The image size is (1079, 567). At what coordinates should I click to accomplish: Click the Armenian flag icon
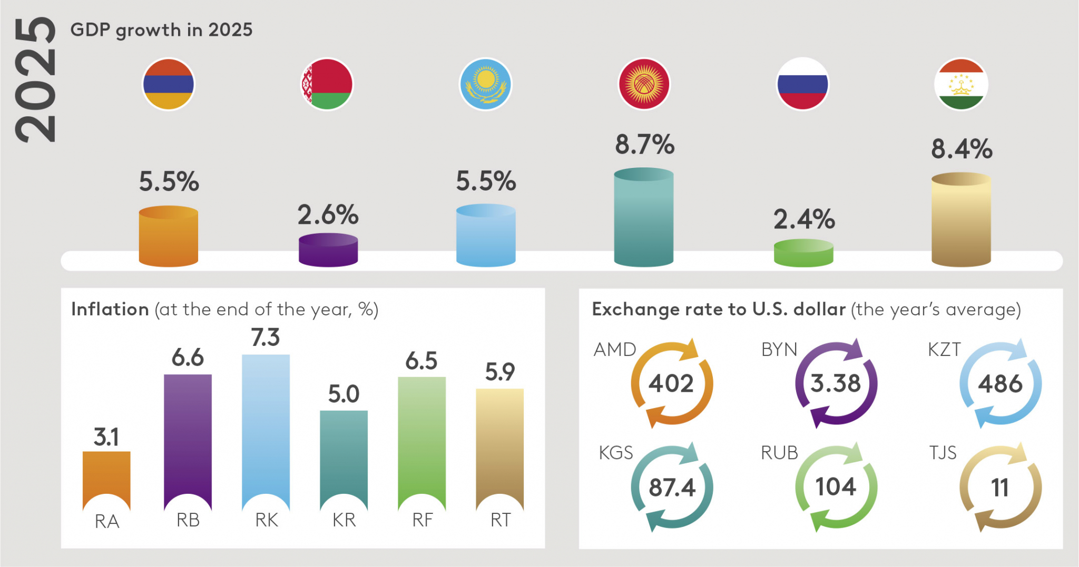[x=169, y=84]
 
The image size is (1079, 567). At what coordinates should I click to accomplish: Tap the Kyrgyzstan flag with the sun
[x=644, y=84]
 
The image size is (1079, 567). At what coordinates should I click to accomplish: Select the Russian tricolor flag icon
[x=803, y=84]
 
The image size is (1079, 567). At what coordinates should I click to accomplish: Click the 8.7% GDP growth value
[x=644, y=144]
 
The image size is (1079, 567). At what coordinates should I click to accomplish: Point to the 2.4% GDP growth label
[x=804, y=219]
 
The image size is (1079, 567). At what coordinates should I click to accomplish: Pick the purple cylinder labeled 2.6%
[x=328, y=250]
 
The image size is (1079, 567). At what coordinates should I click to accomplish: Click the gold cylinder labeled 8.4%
[x=961, y=220]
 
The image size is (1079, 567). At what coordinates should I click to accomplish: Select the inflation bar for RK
[x=266, y=432]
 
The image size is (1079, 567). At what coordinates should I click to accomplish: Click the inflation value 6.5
[x=421, y=361]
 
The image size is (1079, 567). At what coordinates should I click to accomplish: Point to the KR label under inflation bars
[x=344, y=520]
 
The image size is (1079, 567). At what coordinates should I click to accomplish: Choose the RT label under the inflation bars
[x=501, y=520]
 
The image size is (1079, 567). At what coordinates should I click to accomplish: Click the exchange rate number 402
[x=671, y=383]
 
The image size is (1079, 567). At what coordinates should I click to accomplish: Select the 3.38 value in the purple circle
[x=836, y=383]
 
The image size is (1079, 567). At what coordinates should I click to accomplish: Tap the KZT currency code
[x=944, y=350]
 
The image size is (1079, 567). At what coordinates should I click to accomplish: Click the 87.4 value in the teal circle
[x=672, y=488]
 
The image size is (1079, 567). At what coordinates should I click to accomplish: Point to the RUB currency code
[x=779, y=453]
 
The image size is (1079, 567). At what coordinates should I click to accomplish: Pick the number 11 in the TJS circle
[x=999, y=488]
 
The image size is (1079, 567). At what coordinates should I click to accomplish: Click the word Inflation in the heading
[x=110, y=309]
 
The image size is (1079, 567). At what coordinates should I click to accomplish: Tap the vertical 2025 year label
[x=35, y=80]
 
